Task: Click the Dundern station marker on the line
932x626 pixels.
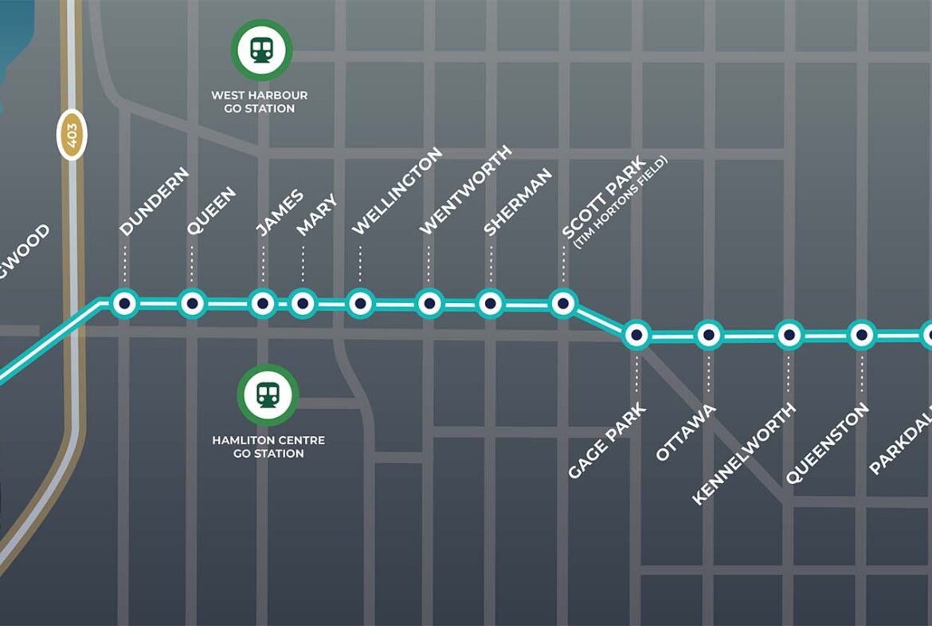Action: tap(123, 303)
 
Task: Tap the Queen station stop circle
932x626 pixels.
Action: tap(192, 303)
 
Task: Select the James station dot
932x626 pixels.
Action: tap(262, 303)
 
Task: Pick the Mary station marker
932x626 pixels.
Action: tap(302, 303)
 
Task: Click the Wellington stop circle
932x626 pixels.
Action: tap(360, 303)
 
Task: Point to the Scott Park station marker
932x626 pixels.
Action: tap(562, 303)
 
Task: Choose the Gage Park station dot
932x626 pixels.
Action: tap(637, 336)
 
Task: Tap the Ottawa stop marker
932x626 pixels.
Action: tap(708, 336)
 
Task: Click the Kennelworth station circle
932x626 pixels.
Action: tap(789, 336)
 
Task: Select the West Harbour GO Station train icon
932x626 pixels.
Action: tap(261, 50)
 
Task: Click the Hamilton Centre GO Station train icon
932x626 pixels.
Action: tap(268, 395)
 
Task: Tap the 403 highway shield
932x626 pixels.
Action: tap(72, 134)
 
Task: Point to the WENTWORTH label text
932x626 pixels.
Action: tap(465, 191)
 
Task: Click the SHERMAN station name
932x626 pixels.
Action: tap(518, 202)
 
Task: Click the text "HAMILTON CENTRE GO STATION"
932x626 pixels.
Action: tap(268, 447)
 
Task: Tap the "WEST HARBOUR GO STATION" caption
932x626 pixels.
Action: tap(259, 101)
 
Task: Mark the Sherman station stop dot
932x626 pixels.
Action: tap(491, 303)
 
